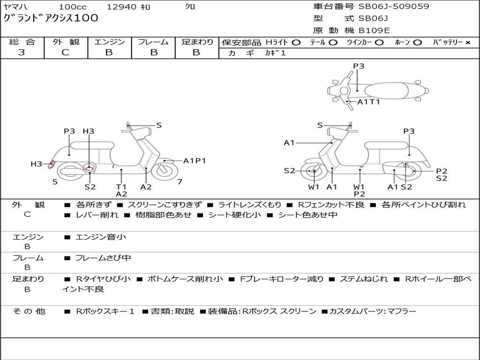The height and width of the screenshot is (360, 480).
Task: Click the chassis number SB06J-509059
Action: point(394,7)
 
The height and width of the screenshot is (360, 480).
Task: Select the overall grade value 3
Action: point(22,52)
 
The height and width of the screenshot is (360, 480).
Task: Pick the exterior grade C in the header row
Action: point(65,52)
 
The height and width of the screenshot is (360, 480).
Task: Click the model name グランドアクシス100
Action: point(51,18)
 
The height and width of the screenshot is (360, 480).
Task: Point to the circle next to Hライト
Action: point(296,43)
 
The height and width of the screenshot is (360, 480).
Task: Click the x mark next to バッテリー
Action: point(468,43)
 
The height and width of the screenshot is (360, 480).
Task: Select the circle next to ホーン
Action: point(418,43)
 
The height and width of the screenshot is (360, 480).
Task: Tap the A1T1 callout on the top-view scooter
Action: point(368,102)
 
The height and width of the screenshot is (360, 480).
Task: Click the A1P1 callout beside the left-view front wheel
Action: point(195,161)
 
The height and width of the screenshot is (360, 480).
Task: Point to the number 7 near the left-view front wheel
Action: point(180,182)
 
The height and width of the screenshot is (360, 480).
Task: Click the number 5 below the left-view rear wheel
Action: point(55,182)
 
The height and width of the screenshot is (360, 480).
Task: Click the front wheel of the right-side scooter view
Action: point(313,171)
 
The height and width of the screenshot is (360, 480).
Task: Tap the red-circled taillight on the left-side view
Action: point(52,165)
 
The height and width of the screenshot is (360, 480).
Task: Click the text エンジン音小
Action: point(101,237)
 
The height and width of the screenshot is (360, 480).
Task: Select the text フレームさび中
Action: point(103,258)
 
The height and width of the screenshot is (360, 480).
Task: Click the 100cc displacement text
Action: point(73,7)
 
